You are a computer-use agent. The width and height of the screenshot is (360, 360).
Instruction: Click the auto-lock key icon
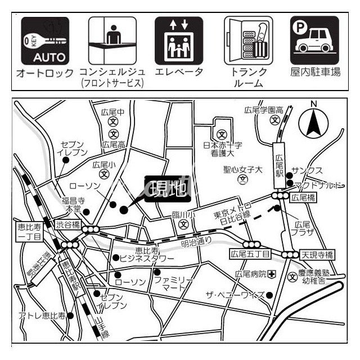46,40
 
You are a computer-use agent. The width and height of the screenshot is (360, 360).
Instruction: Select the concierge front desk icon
112,40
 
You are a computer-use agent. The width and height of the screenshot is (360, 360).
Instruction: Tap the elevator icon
179,40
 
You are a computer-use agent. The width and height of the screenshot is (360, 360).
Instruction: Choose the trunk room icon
248,40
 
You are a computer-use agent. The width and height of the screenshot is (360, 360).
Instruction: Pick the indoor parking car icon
314,40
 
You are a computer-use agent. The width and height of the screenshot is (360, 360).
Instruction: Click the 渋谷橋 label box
69,226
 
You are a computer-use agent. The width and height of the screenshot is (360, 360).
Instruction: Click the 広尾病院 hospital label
250,274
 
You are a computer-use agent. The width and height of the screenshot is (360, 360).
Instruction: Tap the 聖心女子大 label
244,168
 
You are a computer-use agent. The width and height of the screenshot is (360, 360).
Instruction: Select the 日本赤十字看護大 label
223,148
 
